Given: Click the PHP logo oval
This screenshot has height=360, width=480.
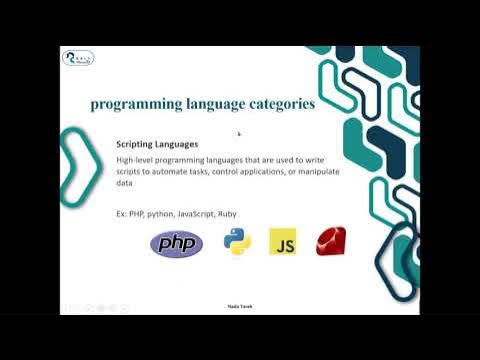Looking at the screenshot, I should click(176, 243).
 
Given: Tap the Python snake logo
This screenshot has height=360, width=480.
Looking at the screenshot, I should click(237, 242).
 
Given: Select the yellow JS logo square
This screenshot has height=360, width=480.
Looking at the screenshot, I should click(282, 242).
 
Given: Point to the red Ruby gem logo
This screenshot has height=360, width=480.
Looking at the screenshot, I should click(331, 241).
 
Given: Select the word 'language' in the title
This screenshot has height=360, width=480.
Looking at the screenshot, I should click(207, 103).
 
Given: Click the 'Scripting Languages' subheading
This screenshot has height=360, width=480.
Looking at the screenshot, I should click(157, 145).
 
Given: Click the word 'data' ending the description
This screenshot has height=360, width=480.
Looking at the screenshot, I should click(125, 184).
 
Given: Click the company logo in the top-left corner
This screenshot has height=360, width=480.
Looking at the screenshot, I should click(78, 58).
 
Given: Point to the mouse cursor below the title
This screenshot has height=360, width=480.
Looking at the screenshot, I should click(239, 133).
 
